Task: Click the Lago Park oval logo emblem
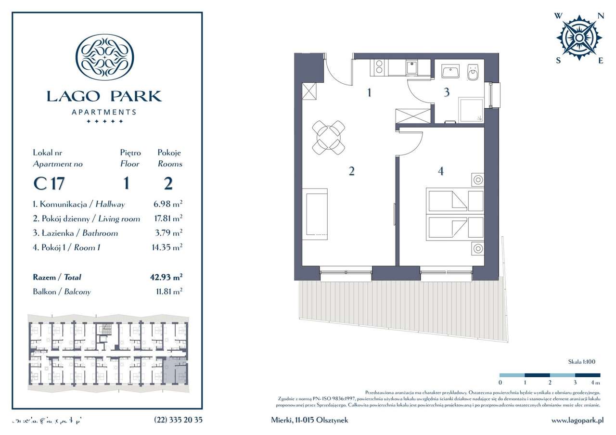(105, 56)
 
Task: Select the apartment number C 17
(49, 183)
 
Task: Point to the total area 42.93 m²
(166, 277)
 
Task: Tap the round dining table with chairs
(328, 137)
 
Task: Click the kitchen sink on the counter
(412, 68)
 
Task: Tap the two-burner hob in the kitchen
(378, 68)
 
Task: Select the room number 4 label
(441, 171)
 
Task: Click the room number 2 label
(352, 171)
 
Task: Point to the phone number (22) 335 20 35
(179, 420)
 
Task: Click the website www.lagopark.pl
(577, 420)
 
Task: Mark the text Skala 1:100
(581, 361)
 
